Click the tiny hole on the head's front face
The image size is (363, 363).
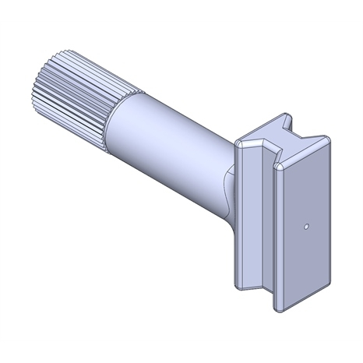pos(308,227)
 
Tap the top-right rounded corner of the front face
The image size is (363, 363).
pos(327,140)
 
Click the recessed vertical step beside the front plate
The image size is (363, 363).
pos(270,234)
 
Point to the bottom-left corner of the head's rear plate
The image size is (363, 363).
pos(237,281)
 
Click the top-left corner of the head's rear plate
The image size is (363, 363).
pos(238,144)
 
